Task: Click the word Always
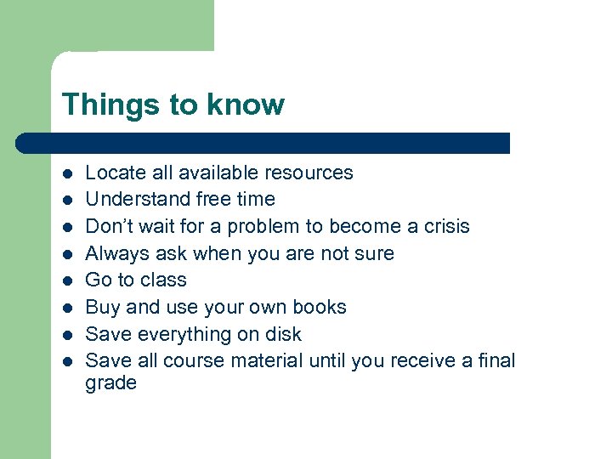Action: (114, 253)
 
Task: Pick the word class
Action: (164, 280)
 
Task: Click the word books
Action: (320, 307)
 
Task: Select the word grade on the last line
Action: (110, 383)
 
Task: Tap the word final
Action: (496, 360)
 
